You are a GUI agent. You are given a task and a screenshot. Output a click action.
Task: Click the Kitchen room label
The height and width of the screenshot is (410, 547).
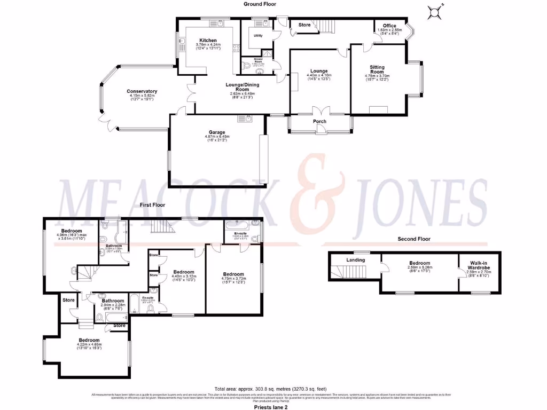pos(208,41)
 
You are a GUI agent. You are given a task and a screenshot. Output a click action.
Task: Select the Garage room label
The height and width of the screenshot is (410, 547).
pos(217,132)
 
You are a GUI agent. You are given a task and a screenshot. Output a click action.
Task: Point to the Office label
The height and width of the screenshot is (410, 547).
pos(389,26)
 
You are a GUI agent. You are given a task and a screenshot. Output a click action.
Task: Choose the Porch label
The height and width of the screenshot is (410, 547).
pos(319,122)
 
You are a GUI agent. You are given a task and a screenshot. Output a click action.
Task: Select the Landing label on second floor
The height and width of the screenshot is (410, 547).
pos(356,260)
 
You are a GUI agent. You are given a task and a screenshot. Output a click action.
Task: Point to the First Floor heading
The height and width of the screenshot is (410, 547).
pos(153,205)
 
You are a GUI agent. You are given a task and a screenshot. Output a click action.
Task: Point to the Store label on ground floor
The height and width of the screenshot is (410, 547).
pos(304,25)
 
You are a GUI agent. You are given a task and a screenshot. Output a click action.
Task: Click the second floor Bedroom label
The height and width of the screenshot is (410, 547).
pos(420,263)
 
